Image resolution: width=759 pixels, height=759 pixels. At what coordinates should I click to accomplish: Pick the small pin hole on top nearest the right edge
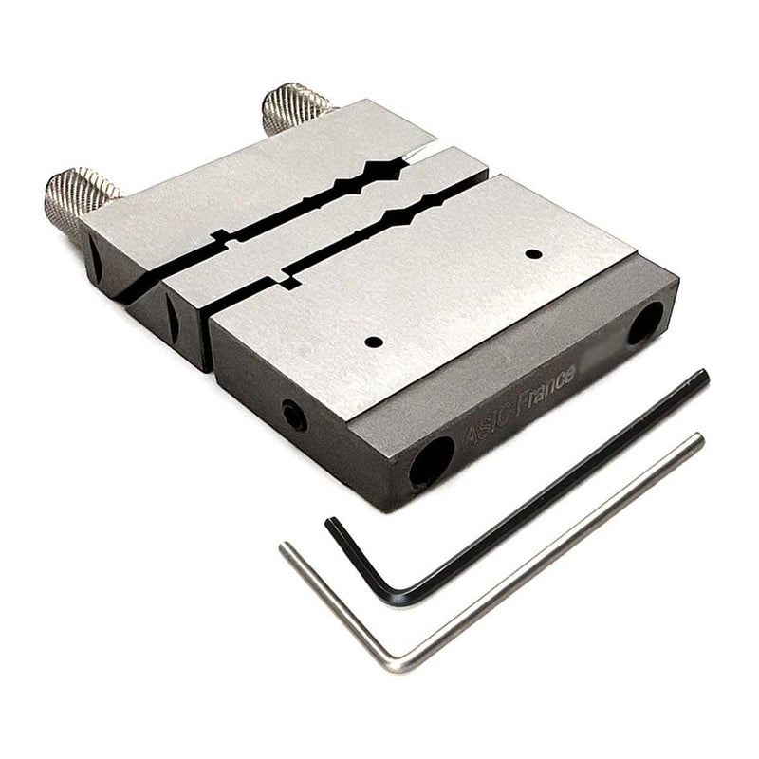534,253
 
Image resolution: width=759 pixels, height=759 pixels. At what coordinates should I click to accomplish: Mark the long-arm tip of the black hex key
702,376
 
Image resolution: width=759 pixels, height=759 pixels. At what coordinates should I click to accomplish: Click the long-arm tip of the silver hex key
698,438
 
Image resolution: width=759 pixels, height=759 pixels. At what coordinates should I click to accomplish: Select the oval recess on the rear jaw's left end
92,254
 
